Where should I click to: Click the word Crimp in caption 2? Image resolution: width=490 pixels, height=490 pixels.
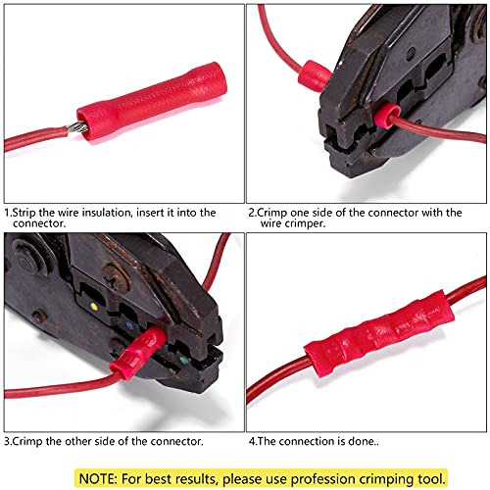[274, 212]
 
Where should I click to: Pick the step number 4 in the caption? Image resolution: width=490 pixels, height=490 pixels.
[251, 440]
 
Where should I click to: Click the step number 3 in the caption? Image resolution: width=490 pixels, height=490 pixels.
[8, 440]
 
